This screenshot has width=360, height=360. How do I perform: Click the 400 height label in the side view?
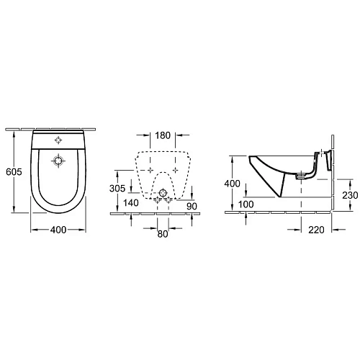click(x=232, y=184)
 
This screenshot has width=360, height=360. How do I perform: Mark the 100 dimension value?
click(x=246, y=205)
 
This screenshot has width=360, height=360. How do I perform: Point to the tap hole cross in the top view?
click(x=58, y=139)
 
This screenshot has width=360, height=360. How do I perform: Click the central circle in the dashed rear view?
click(x=163, y=193)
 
